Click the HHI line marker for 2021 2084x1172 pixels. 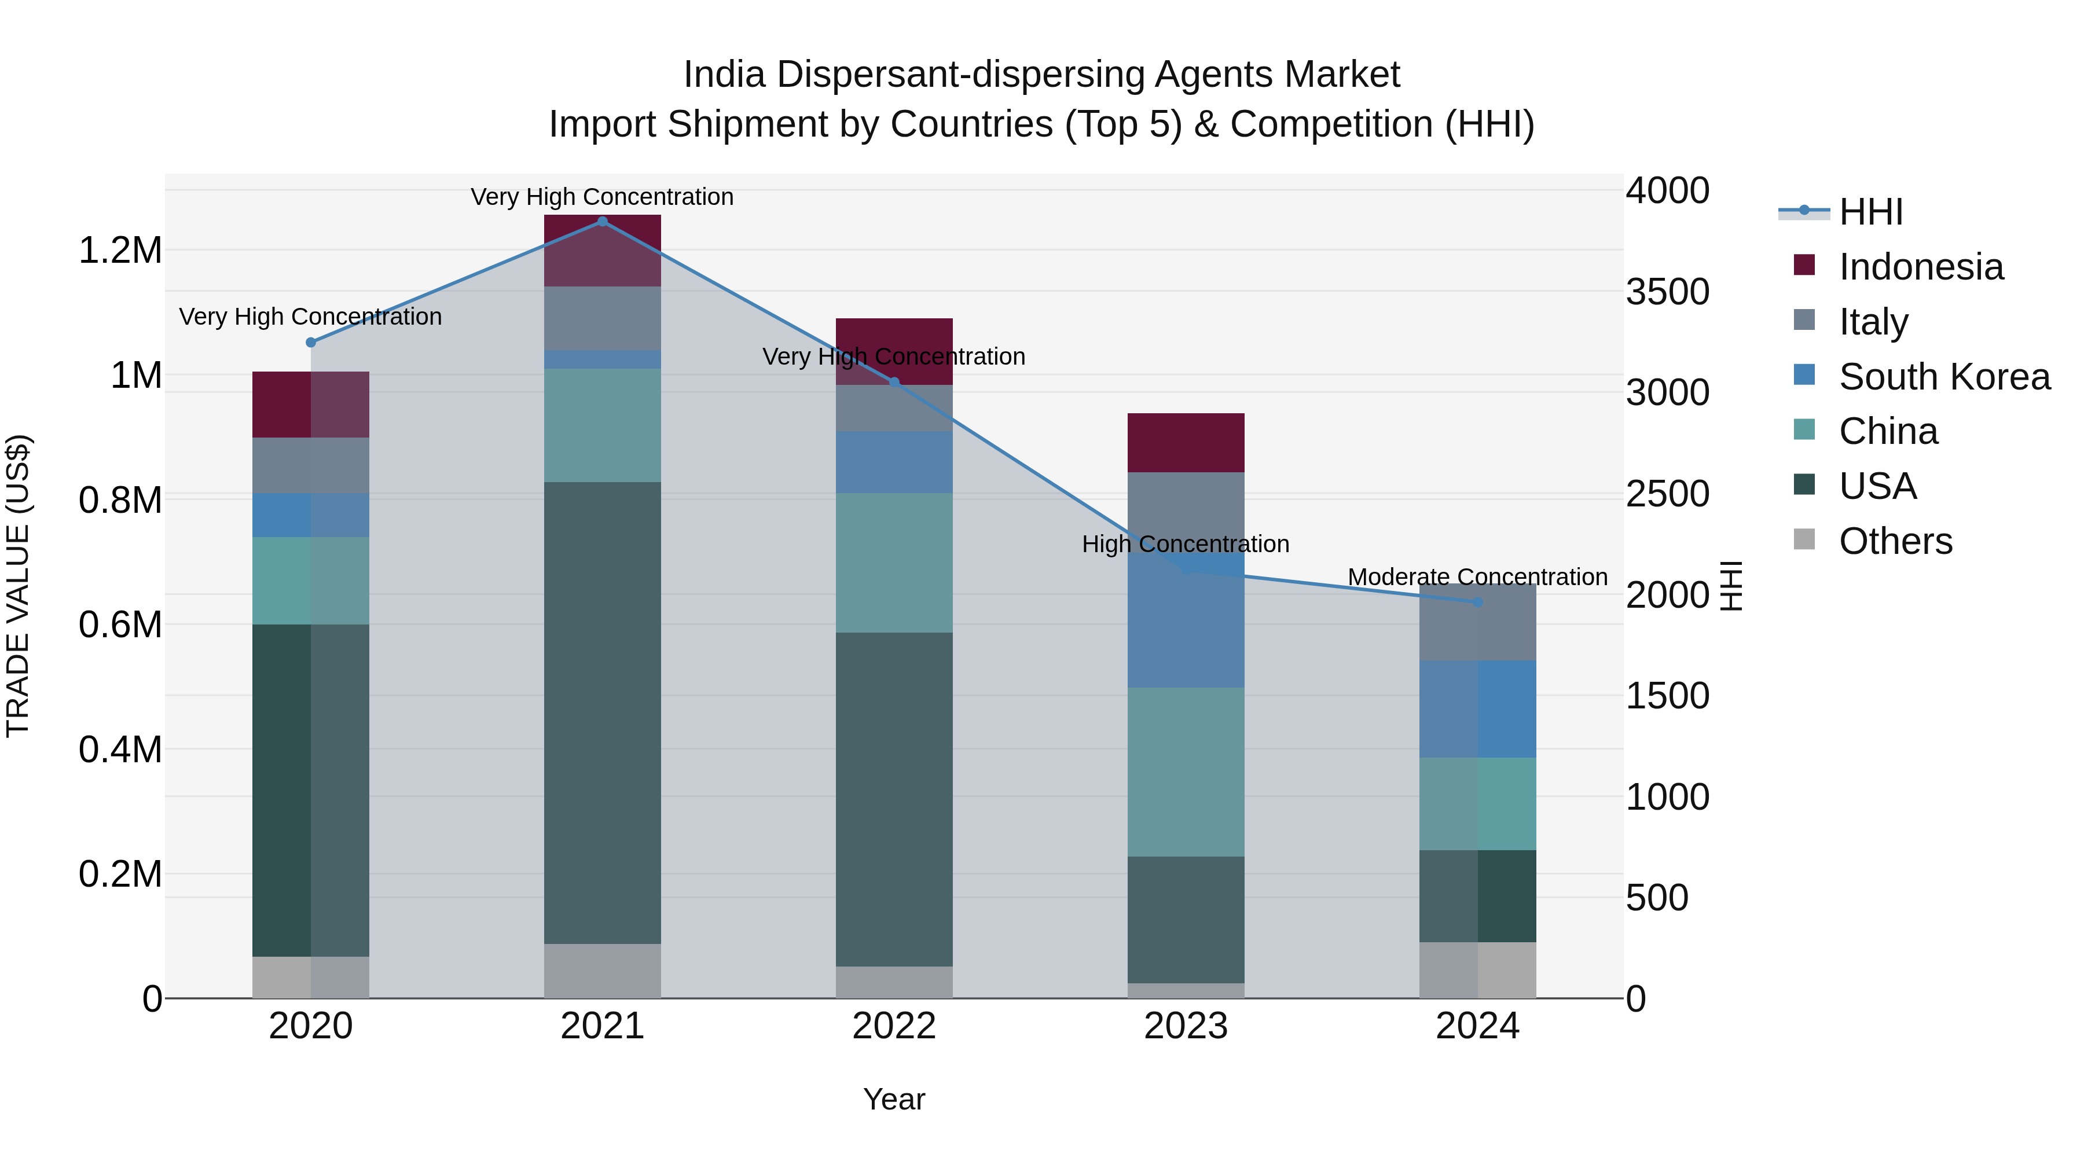[602, 222]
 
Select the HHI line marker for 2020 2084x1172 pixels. [311, 342]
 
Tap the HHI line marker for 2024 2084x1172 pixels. [1477, 602]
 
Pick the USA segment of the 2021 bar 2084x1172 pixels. [602, 712]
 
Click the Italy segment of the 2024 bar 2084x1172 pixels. [1477, 622]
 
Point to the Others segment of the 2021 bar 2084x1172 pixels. [602, 971]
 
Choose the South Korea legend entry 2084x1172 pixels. [1943, 377]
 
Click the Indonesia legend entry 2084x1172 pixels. [1921, 267]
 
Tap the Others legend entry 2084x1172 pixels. [1895, 541]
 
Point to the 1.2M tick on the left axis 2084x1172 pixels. [120, 251]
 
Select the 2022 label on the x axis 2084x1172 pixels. [894, 1026]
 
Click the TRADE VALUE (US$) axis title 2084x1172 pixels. [18, 586]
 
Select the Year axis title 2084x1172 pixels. [894, 1099]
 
